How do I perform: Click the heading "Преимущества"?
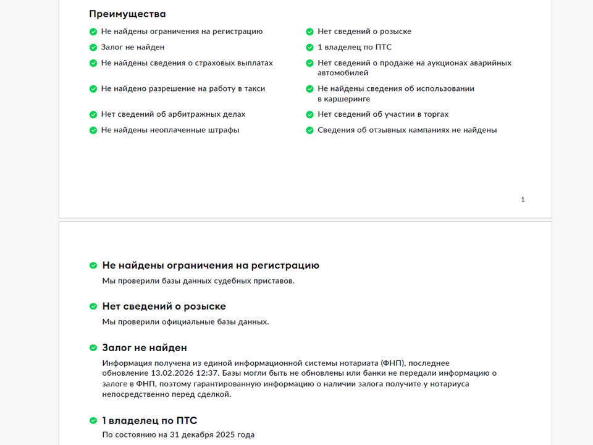tap(127, 14)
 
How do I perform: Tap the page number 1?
tap(523, 200)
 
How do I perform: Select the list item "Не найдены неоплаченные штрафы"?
tap(170, 130)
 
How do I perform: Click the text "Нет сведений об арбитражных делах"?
tap(173, 114)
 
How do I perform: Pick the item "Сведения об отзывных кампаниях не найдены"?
tap(407, 130)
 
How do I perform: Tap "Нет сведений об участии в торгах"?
tap(383, 114)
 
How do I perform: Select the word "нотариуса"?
tap(449, 384)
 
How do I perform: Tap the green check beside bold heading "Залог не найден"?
tap(93, 348)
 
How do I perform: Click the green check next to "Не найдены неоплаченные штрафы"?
tap(93, 130)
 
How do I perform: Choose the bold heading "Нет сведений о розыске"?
tap(164, 307)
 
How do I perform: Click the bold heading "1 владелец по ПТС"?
tap(149, 421)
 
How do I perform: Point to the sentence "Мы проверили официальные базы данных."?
tap(185, 322)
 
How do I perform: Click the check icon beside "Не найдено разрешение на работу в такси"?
tap(93, 89)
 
